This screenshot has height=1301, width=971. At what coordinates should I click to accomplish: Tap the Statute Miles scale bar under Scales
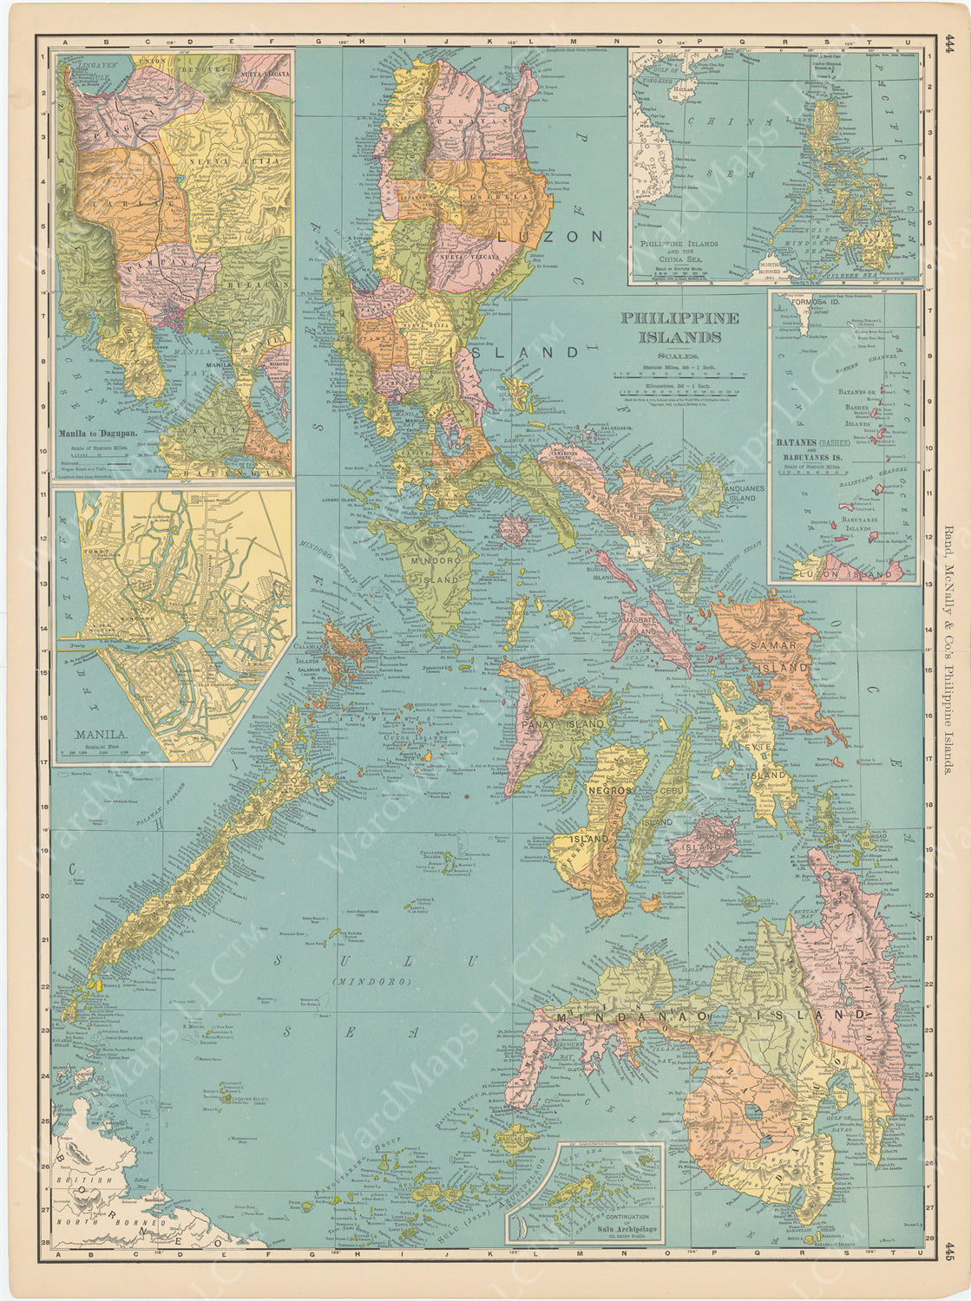679,376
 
